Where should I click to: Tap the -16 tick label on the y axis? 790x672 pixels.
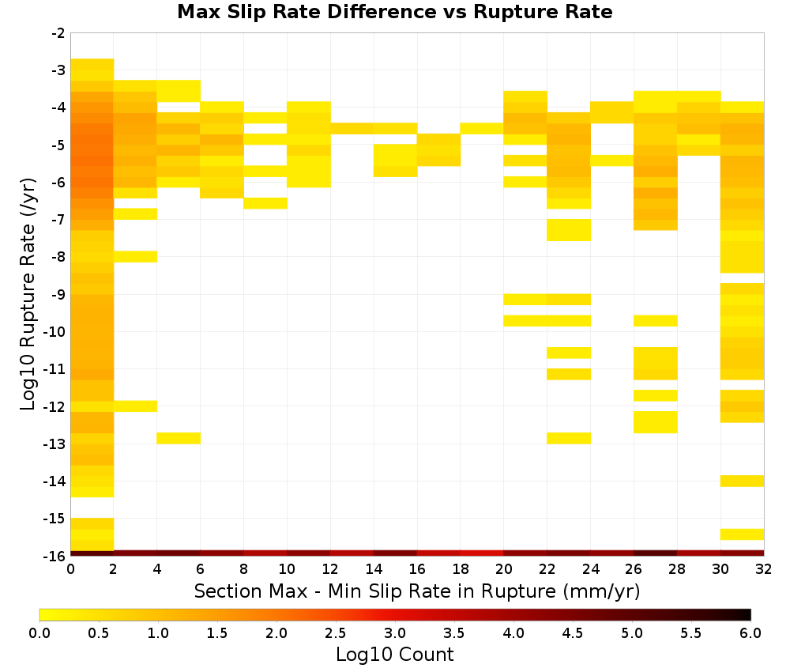click(x=55, y=556)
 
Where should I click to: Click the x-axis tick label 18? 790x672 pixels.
click(x=460, y=569)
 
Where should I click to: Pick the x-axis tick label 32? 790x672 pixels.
click(x=763, y=569)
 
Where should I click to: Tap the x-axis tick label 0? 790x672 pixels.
click(x=70, y=569)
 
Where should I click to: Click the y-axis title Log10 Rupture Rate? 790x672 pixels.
click(x=28, y=294)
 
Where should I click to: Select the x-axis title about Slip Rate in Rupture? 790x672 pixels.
click(x=417, y=591)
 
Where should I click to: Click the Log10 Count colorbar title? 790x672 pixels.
click(x=394, y=655)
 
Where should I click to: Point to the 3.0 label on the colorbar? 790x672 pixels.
click(x=395, y=632)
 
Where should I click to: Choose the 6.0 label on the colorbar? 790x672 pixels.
click(x=750, y=632)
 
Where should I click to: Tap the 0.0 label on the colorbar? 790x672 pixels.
click(x=39, y=632)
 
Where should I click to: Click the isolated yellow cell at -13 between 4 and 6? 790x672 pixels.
click(x=179, y=438)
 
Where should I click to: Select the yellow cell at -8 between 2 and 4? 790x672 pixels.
click(x=136, y=257)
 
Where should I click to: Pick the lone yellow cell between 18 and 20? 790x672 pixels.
click(x=482, y=129)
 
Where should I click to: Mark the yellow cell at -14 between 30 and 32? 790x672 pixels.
click(x=742, y=481)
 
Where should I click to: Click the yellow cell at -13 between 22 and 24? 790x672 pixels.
click(x=569, y=438)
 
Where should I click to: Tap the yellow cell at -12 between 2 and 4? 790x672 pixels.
click(x=136, y=406)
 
